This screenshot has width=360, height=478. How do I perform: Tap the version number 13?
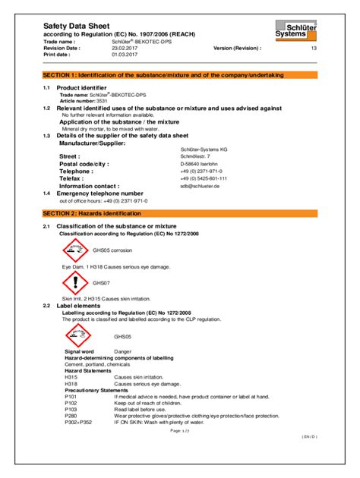tap(314, 47)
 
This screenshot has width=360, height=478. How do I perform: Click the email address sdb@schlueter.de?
tap(200, 185)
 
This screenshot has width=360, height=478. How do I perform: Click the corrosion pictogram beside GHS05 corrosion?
tap(75, 249)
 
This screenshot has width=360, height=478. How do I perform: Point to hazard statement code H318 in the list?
tap(71, 384)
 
